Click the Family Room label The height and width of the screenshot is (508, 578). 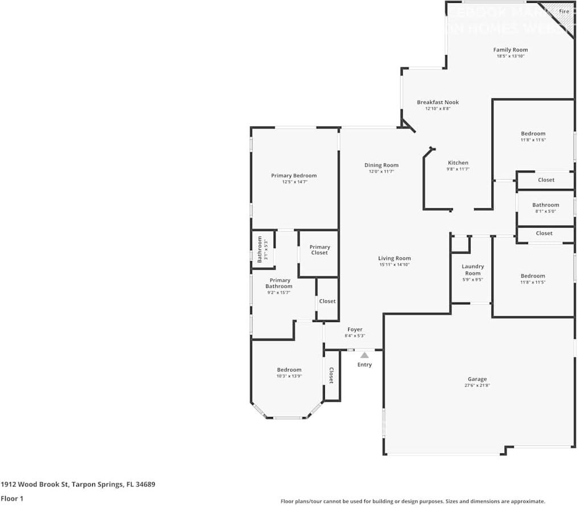(x=510, y=50)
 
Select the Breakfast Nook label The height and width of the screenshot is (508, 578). (x=437, y=102)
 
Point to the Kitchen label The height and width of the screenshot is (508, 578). (x=458, y=163)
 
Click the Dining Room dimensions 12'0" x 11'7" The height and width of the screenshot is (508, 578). (x=381, y=171)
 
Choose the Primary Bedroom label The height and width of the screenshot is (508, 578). (x=294, y=176)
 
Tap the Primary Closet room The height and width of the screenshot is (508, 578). (x=319, y=250)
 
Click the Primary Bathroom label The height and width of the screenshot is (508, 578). (x=279, y=283)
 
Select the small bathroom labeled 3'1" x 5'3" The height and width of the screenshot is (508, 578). (x=263, y=249)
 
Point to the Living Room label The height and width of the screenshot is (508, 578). (x=394, y=258)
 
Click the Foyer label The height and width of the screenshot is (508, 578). (x=354, y=329)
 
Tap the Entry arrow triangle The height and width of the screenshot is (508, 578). (x=364, y=355)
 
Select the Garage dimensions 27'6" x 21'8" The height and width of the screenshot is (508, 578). (x=477, y=385)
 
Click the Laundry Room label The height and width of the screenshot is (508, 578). (x=472, y=270)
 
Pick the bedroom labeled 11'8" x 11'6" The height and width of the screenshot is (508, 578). (x=533, y=137)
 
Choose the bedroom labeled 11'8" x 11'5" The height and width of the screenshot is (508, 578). (x=533, y=279)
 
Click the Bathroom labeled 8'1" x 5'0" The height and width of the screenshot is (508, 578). (x=545, y=208)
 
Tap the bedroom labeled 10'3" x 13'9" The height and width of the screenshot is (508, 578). (x=289, y=373)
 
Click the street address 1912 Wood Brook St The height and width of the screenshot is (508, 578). (x=35, y=485)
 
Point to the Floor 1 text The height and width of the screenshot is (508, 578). (x=11, y=499)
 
